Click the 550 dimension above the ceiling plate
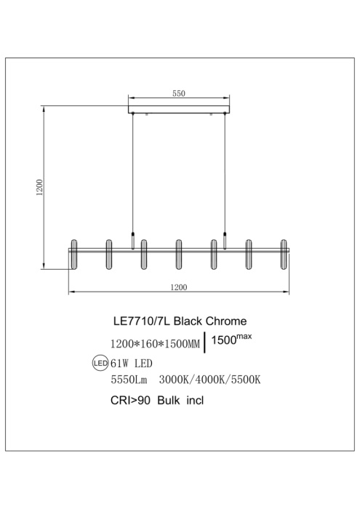pyautogui.click(x=178, y=93)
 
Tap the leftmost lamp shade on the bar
pyautogui.click(x=73, y=253)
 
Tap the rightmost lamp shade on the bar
pyautogui.click(x=284, y=253)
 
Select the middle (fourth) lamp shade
pyautogui.click(x=179, y=253)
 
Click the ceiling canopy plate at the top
pyautogui.click(x=178, y=112)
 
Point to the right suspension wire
pyautogui.click(x=225, y=175)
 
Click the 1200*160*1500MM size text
pyautogui.click(x=154, y=342)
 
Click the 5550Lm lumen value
pyautogui.click(x=127, y=380)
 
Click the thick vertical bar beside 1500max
pyautogui.click(x=207, y=342)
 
